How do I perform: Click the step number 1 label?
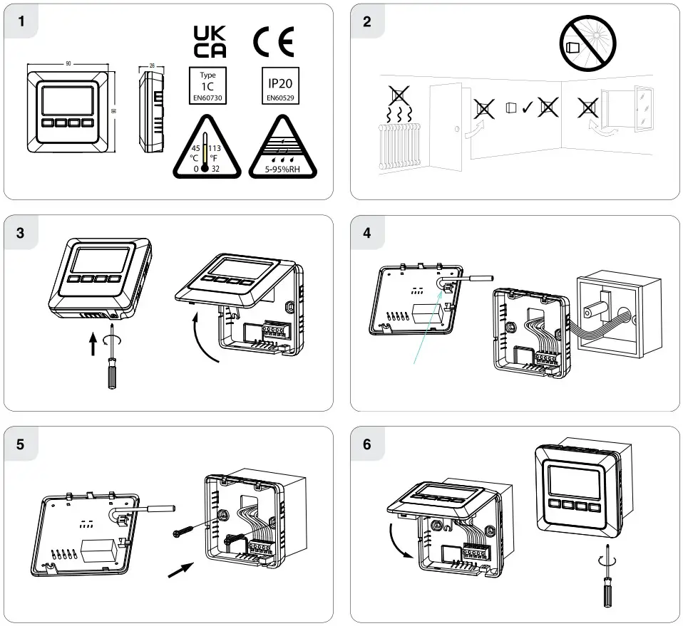pyautogui.click(x=22, y=21)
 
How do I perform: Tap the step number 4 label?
pyautogui.click(x=367, y=233)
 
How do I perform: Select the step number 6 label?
pyautogui.click(x=367, y=444)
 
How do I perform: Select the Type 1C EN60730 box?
pyautogui.click(x=207, y=85)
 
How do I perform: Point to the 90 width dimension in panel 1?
pyautogui.click(x=68, y=64)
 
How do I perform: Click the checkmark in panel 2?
pyautogui.click(x=527, y=108)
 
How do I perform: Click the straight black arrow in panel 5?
pyautogui.click(x=182, y=569)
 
